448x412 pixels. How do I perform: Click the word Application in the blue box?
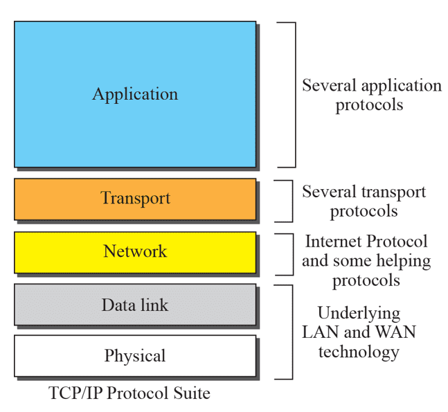(x=135, y=94)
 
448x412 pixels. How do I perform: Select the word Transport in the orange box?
(x=135, y=198)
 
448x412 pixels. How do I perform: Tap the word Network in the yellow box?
(x=135, y=251)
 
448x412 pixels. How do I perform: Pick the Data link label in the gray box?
(x=135, y=305)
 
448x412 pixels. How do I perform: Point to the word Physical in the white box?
(x=135, y=356)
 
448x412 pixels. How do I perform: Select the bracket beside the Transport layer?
(x=292, y=201)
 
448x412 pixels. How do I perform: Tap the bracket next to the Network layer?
(x=292, y=253)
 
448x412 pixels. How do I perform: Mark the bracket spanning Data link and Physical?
(x=292, y=332)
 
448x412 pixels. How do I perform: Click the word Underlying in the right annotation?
(x=359, y=312)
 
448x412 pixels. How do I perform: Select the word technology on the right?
(x=359, y=351)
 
